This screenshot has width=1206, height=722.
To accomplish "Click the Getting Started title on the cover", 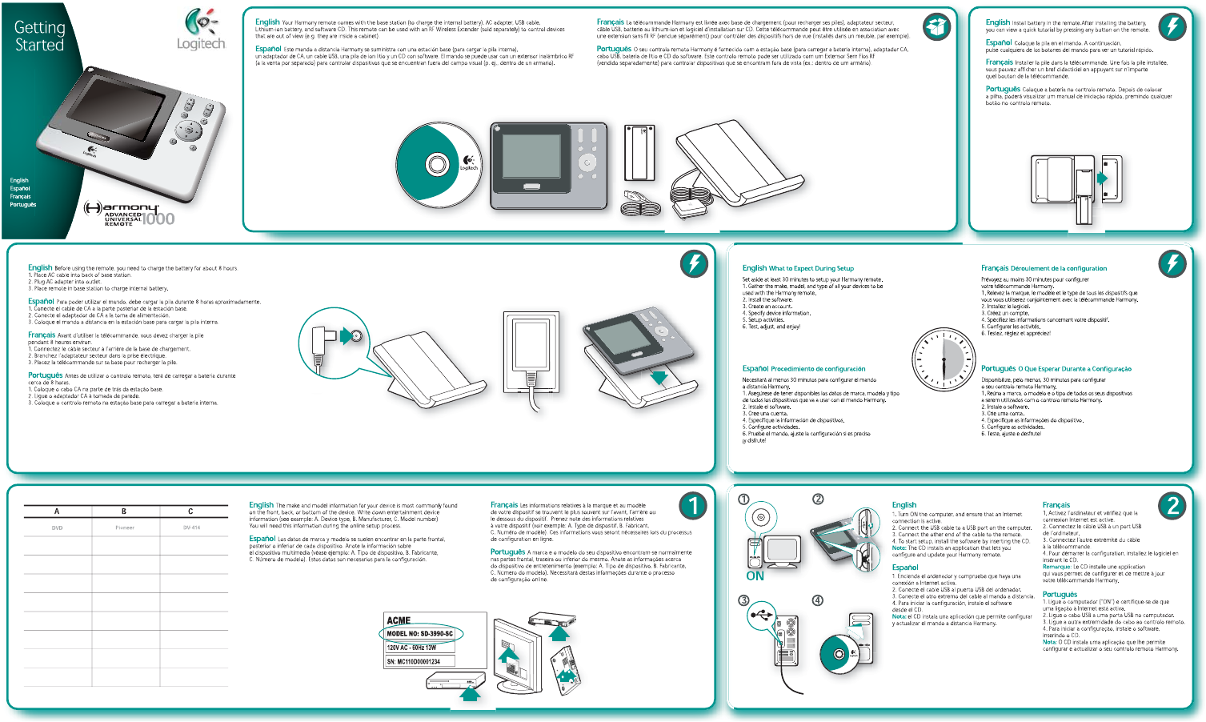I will (39, 36).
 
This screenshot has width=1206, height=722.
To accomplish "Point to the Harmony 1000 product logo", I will (130, 214).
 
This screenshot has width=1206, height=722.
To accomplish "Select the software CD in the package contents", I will (437, 165).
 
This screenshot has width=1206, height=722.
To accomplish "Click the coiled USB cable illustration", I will (641, 204).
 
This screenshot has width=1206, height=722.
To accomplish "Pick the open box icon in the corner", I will (936, 27).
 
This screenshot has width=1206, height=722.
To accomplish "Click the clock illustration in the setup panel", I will (944, 360).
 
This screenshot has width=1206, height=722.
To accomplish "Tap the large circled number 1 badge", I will (693, 505).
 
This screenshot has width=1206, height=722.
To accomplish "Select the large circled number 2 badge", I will (1172, 505).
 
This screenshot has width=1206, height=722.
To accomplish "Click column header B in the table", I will (124, 511).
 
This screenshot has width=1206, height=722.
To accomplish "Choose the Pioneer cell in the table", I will (125, 527).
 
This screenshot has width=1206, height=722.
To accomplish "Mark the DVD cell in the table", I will (57, 527).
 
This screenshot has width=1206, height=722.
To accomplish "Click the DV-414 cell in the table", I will (191, 527).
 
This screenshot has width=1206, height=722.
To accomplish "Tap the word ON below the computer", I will (755, 576).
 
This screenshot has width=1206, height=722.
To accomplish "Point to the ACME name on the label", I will (399, 620).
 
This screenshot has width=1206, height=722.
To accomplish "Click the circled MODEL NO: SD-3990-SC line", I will (420, 634).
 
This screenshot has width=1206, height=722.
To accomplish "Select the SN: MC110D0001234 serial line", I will (414, 662).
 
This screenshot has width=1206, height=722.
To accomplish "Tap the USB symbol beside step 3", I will (762, 616).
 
